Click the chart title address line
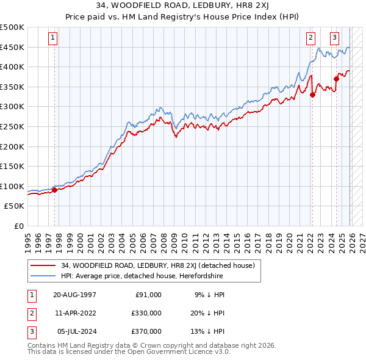(183, 5)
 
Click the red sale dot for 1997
(54, 190)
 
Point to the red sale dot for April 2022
(312, 95)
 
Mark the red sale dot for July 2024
(336, 79)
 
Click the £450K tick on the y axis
(12, 47)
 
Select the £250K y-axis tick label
(12, 127)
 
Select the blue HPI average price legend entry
(142, 276)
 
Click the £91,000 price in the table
(148, 295)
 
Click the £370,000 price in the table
(146, 331)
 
